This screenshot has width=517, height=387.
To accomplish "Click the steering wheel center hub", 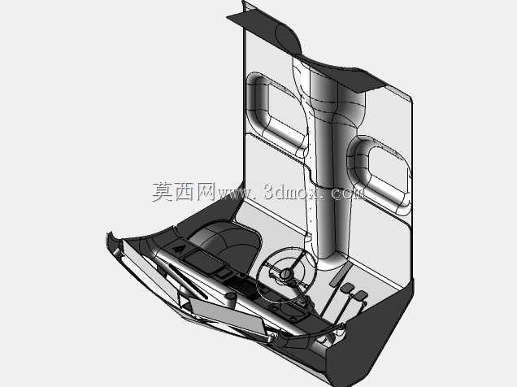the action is (286, 274).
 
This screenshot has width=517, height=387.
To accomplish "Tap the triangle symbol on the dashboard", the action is (178, 250).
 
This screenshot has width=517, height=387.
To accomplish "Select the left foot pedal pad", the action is (347, 289).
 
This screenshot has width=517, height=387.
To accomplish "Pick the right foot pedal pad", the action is (360, 296).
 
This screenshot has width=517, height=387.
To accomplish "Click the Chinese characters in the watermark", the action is (184, 192).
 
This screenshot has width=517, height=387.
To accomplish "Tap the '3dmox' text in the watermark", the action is (291, 191).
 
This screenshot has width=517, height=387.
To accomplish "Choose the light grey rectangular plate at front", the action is (227, 315).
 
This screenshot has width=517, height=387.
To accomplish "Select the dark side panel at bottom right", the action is (372, 333).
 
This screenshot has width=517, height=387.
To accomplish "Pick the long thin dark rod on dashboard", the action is (189, 281).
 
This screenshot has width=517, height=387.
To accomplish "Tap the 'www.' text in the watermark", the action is (237, 193).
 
